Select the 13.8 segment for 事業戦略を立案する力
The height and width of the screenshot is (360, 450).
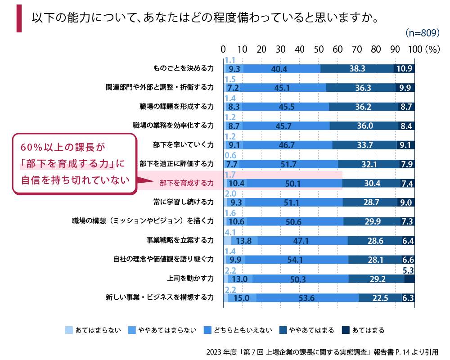(x=243, y=240)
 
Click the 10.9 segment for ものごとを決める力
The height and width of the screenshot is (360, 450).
(x=404, y=68)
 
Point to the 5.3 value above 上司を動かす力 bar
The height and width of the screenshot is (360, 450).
(x=408, y=270)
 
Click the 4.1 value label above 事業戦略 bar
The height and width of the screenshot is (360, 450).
(x=230, y=232)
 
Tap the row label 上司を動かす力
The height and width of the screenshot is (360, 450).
(x=189, y=278)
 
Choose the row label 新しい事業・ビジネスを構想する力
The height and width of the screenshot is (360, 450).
(x=159, y=297)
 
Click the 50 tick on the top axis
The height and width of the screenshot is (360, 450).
(x=319, y=49)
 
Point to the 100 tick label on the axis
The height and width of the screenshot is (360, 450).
(x=415, y=49)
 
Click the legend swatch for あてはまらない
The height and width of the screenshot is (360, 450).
(x=69, y=330)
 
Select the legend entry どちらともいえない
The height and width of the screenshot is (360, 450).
(x=250, y=330)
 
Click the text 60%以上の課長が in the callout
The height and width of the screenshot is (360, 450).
(x=62, y=147)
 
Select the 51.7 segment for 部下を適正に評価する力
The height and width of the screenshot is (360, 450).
(x=288, y=164)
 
